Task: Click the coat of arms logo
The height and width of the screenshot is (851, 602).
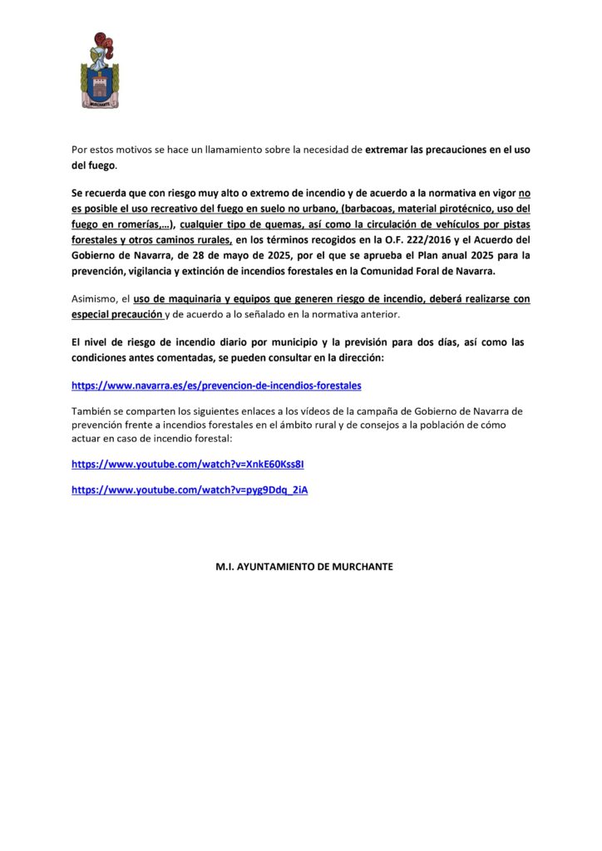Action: click(x=100, y=72)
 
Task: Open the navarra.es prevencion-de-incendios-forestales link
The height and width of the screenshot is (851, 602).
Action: click(x=216, y=386)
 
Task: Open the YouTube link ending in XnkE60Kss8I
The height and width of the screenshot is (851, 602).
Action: click(x=193, y=464)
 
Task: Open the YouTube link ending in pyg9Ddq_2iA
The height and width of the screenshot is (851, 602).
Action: click(x=190, y=490)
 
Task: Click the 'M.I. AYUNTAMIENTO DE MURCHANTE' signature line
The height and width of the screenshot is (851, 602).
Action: click(x=304, y=567)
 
